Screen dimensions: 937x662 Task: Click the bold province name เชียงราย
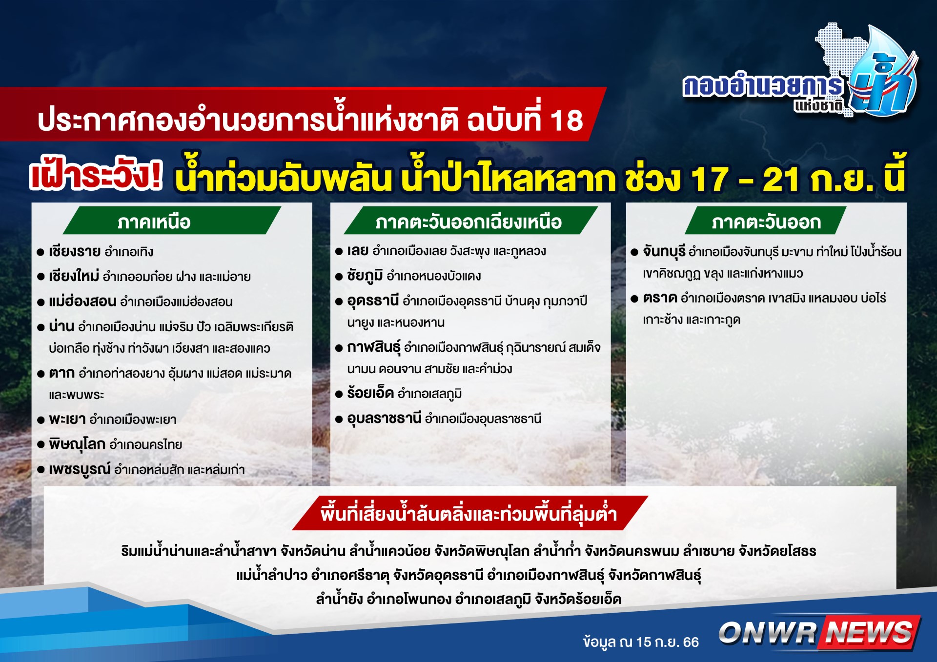tap(75, 251)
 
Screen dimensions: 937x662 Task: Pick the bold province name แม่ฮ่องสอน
tap(82, 301)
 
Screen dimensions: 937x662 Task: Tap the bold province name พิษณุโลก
tap(77, 444)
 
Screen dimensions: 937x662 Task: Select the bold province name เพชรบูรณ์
tap(80, 469)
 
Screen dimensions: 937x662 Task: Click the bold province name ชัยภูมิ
tap(365, 276)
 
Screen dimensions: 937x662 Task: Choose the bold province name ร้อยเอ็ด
tap(370, 393)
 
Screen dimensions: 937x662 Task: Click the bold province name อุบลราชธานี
tap(384, 419)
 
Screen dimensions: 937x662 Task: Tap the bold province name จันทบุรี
tap(664, 252)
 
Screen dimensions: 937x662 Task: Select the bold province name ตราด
tap(660, 298)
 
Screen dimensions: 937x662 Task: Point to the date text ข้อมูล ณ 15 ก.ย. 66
tap(641, 642)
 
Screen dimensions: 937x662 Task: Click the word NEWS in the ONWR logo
tap(870, 632)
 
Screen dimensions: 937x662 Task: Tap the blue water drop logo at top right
tap(883, 73)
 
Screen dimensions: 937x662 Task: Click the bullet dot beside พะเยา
tap(41, 420)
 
